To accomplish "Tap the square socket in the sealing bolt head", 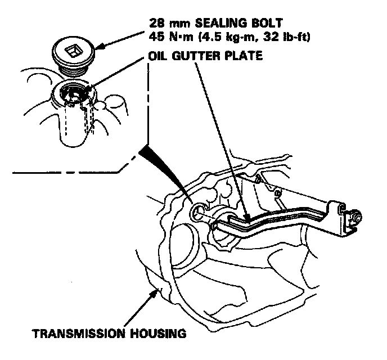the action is (x=72, y=52).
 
